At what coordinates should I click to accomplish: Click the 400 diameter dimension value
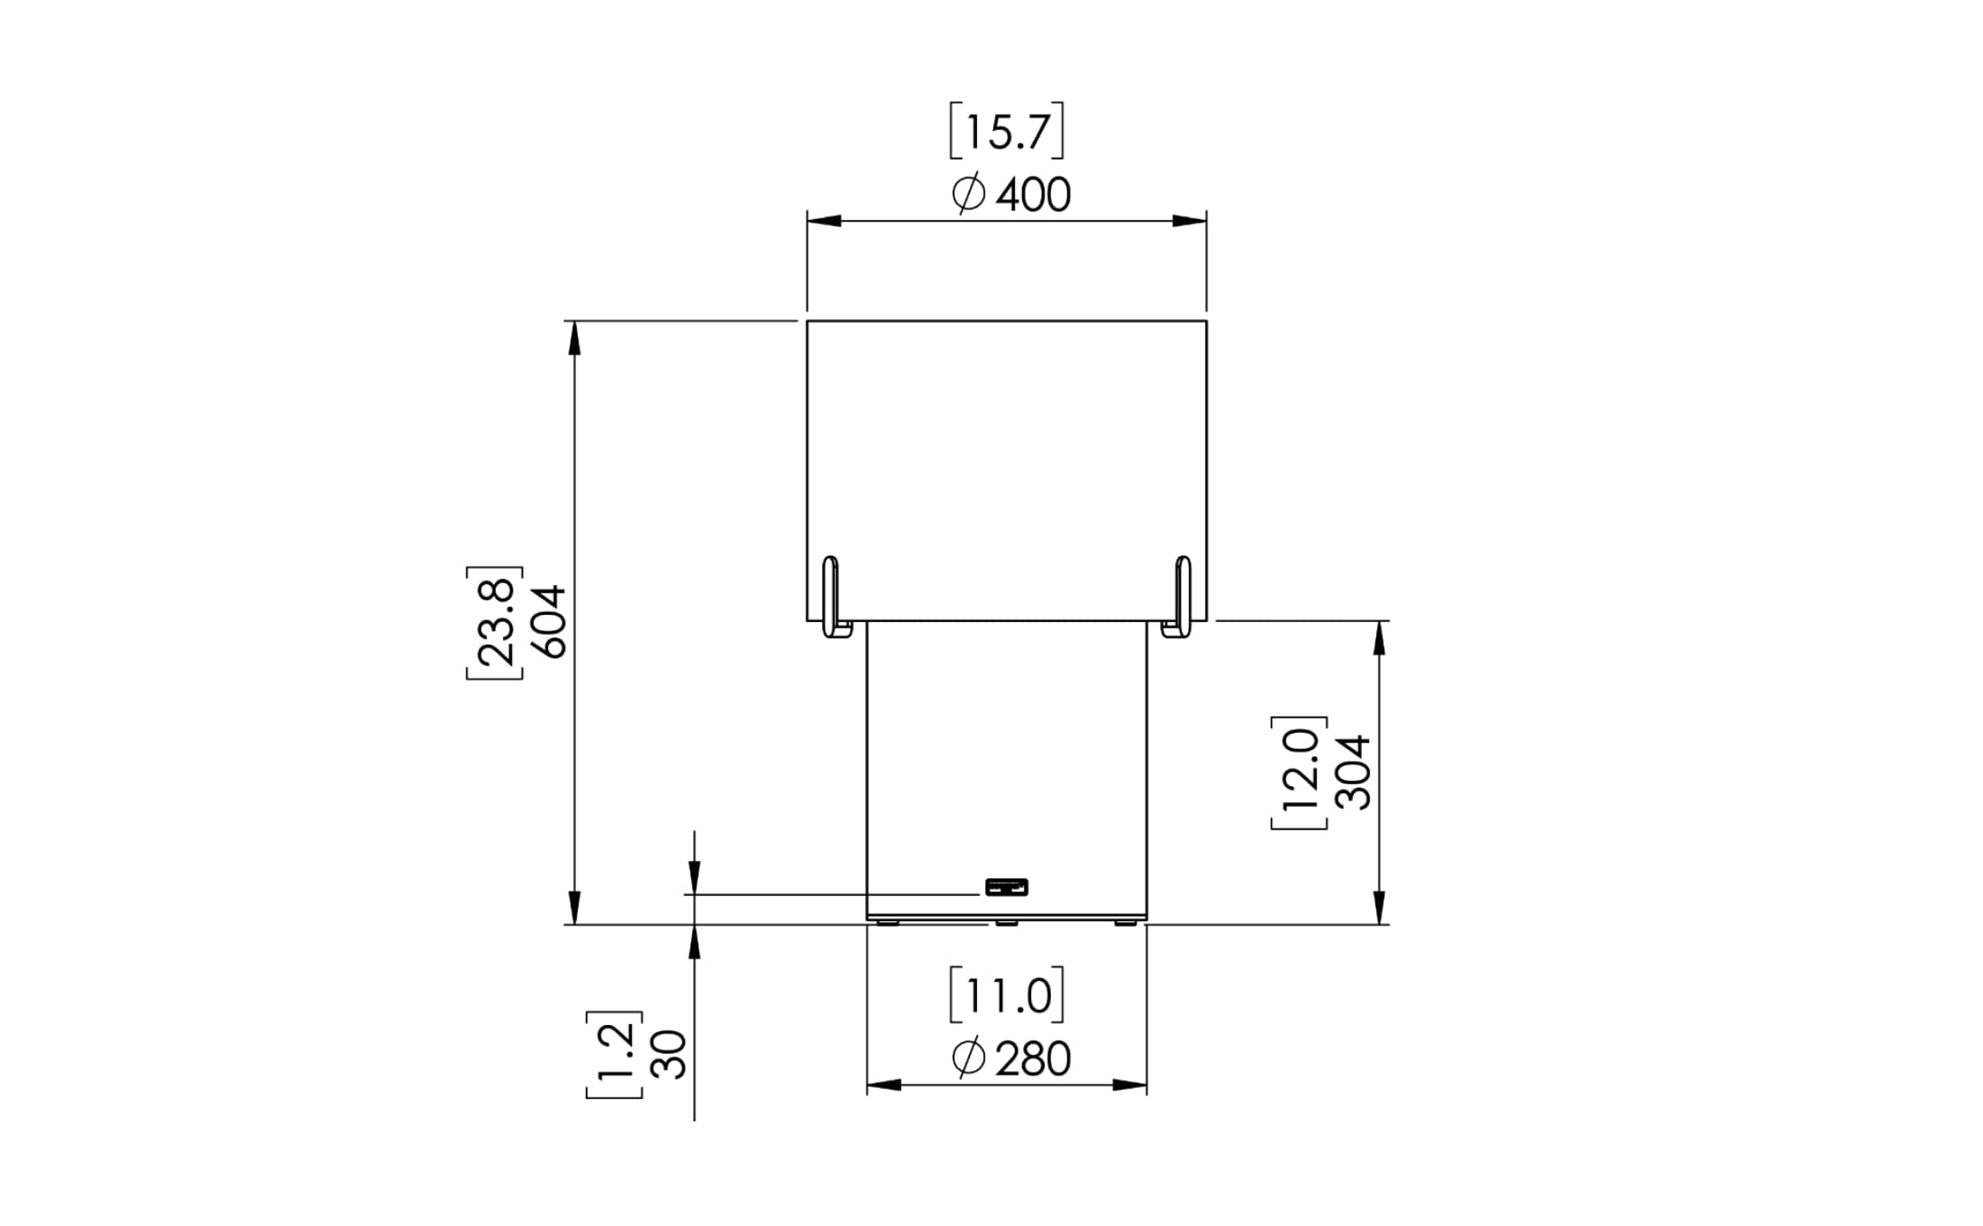point(1033,195)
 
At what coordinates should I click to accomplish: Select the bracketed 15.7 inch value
point(1007,132)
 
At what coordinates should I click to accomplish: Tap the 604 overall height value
point(548,622)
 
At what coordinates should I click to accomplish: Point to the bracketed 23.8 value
point(495,622)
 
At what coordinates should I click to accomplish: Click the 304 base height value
point(1353,773)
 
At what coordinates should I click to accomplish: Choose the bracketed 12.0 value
point(1299,773)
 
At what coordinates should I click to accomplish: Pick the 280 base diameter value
point(1033,1059)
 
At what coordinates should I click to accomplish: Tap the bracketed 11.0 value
point(1007,996)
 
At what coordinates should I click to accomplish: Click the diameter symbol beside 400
point(969,195)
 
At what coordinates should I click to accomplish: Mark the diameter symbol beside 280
point(969,1059)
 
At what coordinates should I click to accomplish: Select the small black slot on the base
point(1007,887)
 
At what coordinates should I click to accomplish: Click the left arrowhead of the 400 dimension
point(823,221)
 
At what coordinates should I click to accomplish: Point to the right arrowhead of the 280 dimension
point(1130,1084)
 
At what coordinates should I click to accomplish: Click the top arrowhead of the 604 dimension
point(574,337)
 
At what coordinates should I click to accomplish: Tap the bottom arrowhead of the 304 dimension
point(1378,907)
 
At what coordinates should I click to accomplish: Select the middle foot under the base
point(1007,922)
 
